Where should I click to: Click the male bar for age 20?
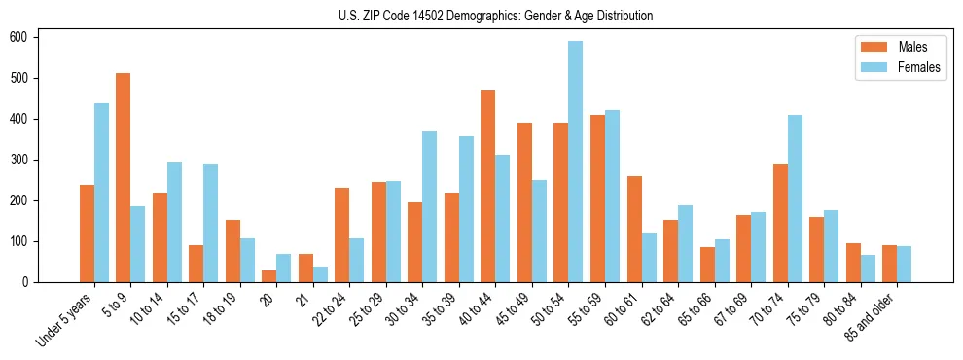coord(269,276)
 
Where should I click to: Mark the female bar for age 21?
coord(320,274)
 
